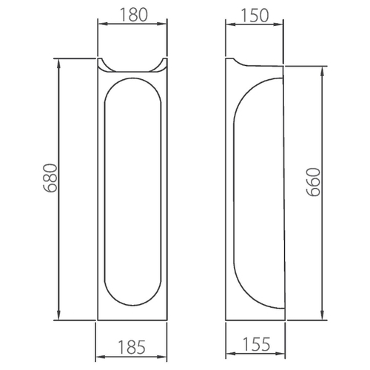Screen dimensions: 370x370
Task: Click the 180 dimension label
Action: tap(134, 15)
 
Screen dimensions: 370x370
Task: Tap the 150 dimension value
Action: tap(255, 16)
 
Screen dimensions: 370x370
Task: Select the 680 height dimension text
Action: tap(50, 178)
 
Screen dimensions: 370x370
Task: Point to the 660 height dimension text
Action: tap(313, 182)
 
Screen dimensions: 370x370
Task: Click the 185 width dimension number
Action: tap(132, 347)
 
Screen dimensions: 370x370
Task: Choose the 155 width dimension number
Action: tap(257, 344)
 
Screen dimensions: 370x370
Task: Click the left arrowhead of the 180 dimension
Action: tap(102, 24)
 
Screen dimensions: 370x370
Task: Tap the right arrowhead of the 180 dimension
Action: tap(162, 24)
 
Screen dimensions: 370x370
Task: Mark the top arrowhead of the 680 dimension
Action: tap(58, 64)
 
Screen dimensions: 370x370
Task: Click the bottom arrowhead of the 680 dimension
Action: tap(58, 315)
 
